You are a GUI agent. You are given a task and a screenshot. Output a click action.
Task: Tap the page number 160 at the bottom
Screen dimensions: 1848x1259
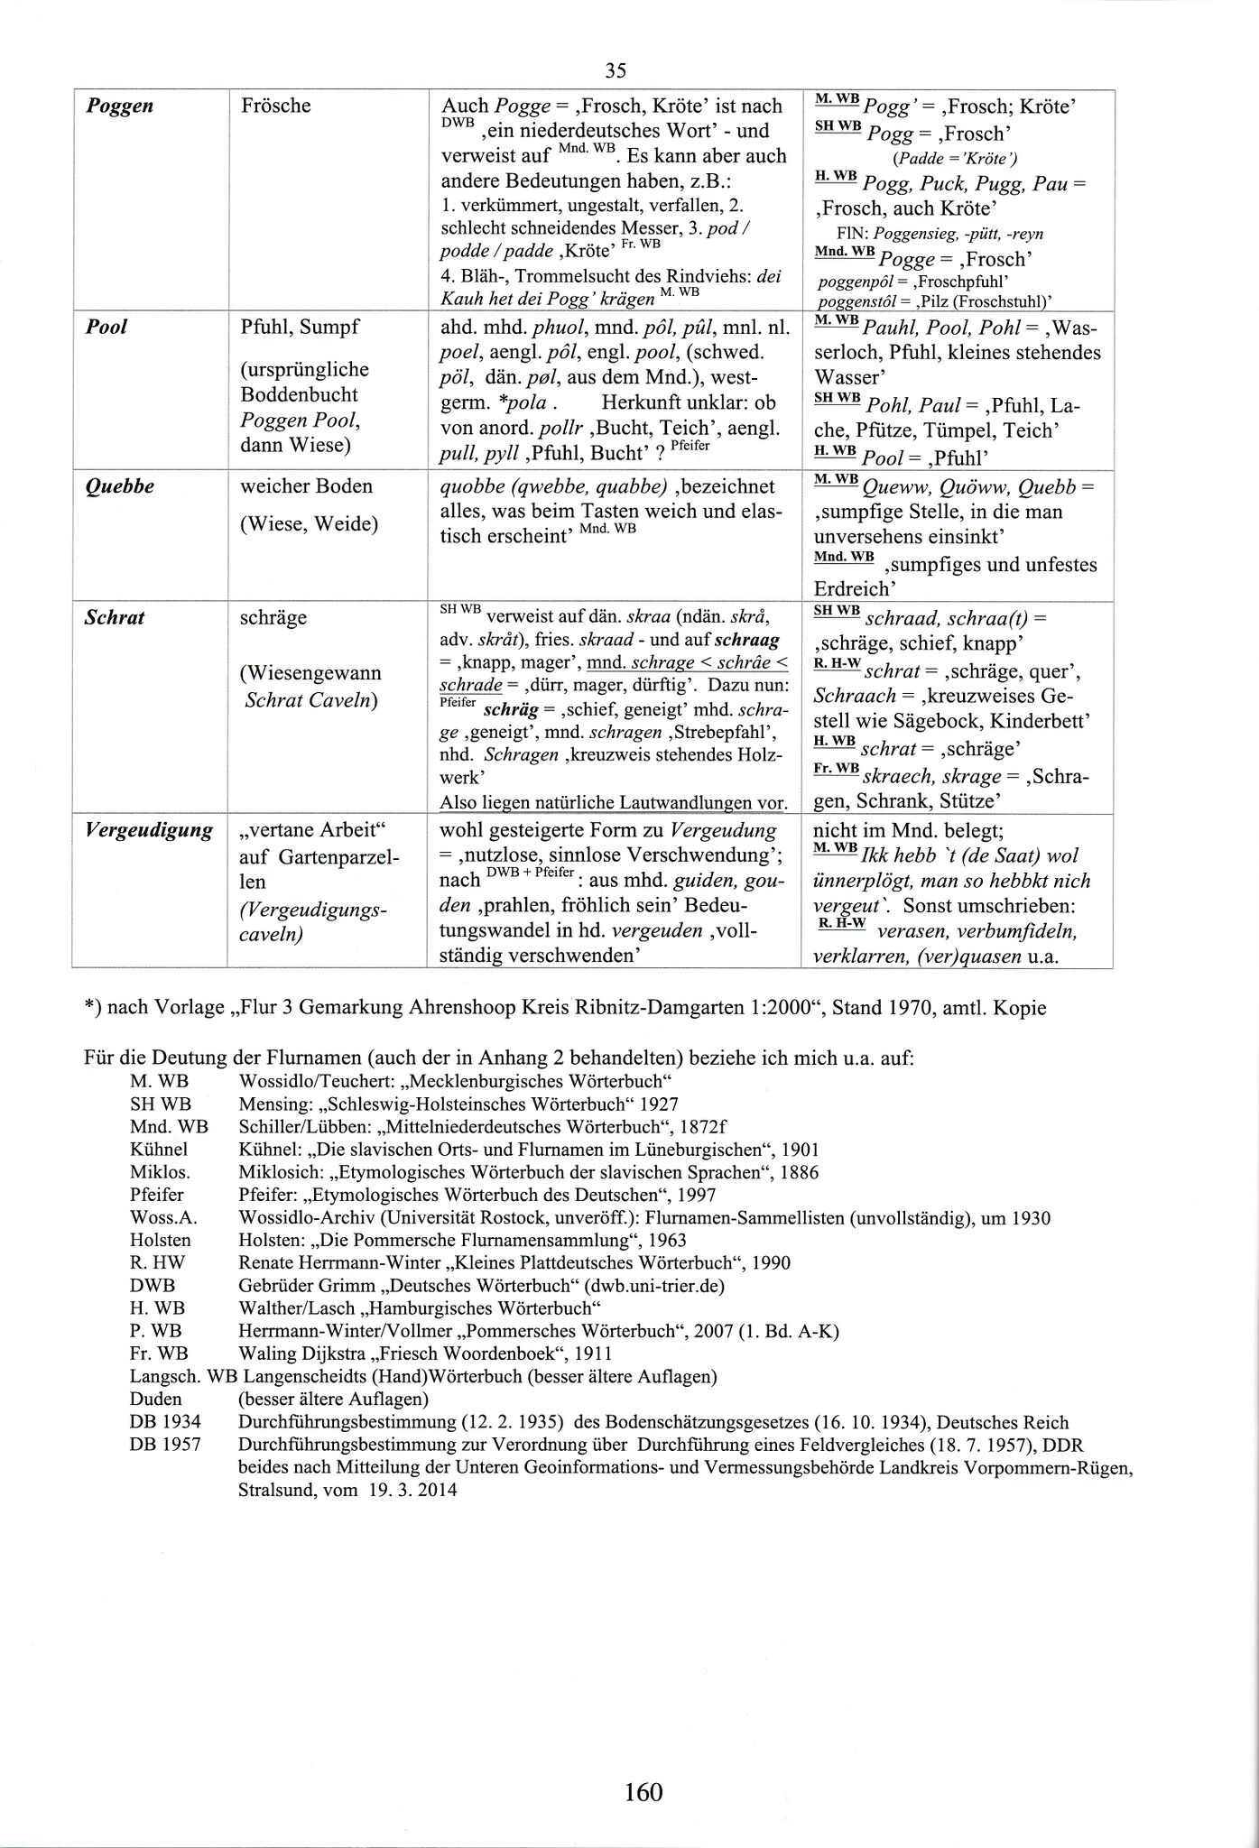click(643, 1791)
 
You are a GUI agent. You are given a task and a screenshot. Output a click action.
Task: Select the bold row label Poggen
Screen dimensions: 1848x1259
click(119, 106)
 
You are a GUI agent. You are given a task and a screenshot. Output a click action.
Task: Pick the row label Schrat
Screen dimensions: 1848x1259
click(115, 619)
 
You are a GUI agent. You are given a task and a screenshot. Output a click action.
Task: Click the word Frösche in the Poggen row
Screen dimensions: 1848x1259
click(276, 106)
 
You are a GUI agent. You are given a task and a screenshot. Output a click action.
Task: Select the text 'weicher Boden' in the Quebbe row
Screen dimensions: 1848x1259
click(306, 487)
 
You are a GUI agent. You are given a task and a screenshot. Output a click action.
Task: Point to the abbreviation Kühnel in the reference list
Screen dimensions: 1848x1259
click(159, 1150)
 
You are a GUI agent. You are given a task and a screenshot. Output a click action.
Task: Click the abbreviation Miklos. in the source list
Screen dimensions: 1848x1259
click(160, 1172)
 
